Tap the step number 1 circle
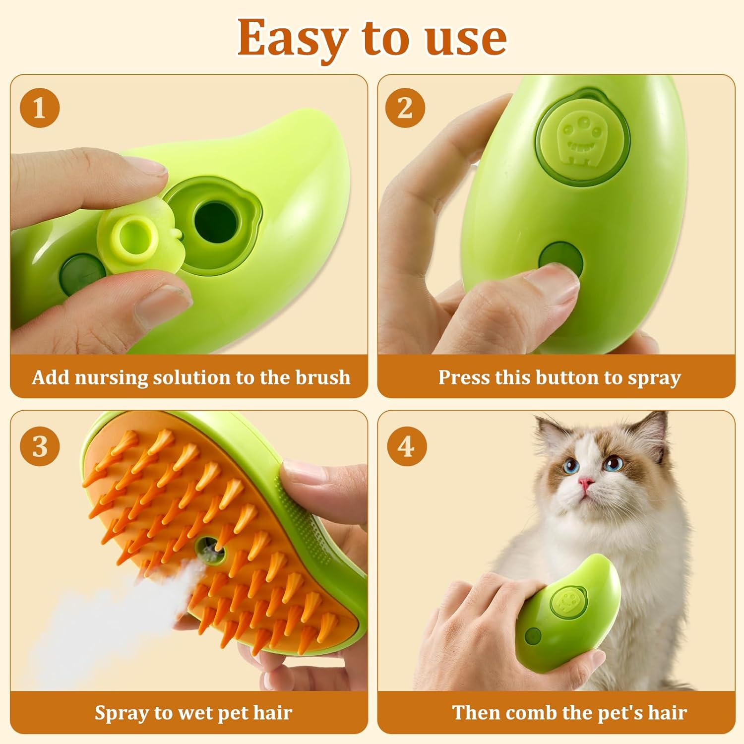tap(40, 108)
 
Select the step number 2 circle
tap(405, 108)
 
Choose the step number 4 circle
tap(406, 446)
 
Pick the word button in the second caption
tap(567, 377)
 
